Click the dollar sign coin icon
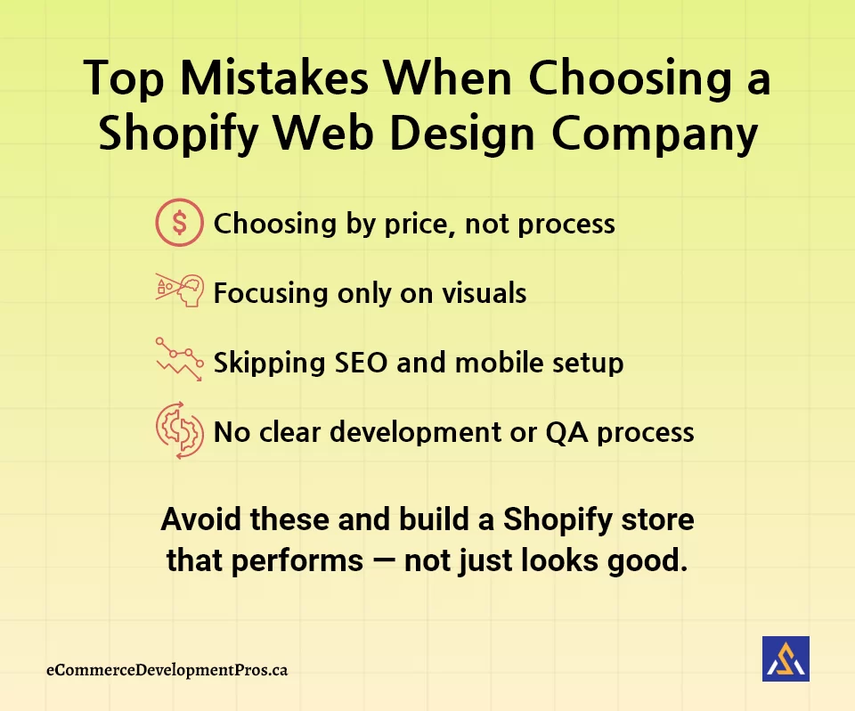pyautogui.click(x=179, y=222)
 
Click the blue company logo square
pyautogui.click(x=786, y=658)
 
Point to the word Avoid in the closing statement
pyautogui.click(x=200, y=519)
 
